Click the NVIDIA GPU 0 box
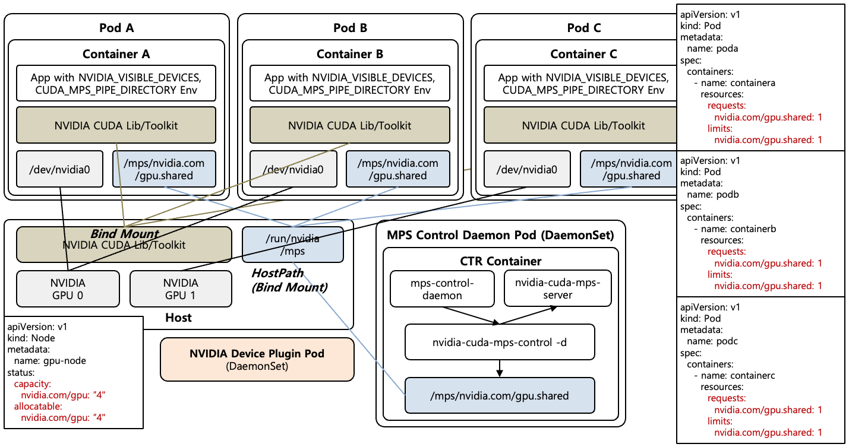click(x=68, y=289)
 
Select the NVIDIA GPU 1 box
click(x=180, y=289)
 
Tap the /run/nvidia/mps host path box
click(x=293, y=245)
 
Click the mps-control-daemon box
click(x=443, y=289)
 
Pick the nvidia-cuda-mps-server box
click(x=557, y=289)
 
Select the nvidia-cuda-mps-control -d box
click(x=499, y=342)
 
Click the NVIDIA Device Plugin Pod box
click(x=257, y=360)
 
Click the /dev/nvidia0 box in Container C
click(x=527, y=170)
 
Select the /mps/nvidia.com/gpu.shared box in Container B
click(x=397, y=169)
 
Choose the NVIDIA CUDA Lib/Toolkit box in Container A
click(x=116, y=125)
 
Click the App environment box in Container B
click(x=350, y=84)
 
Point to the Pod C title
click(x=584, y=28)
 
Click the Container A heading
click(x=116, y=54)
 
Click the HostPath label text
click(x=277, y=272)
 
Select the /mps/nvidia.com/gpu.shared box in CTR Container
click(x=499, y=395)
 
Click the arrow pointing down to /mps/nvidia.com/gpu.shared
click(x=500, y=369)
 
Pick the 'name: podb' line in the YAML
click(x=712, y=195)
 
